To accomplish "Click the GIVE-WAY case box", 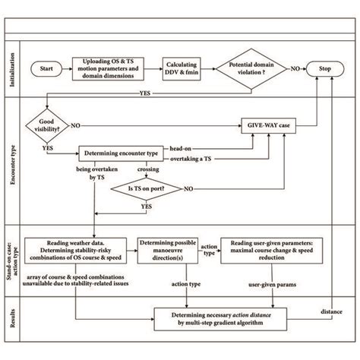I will pyautogui.click(x=269, y=124).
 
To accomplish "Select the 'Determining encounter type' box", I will pyautogui.click(x=119, y=152).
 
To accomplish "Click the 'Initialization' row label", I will pyautogui.click(x=12, y=68).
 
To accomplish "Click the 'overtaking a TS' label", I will pyautogui.click(x=210, y=159).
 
